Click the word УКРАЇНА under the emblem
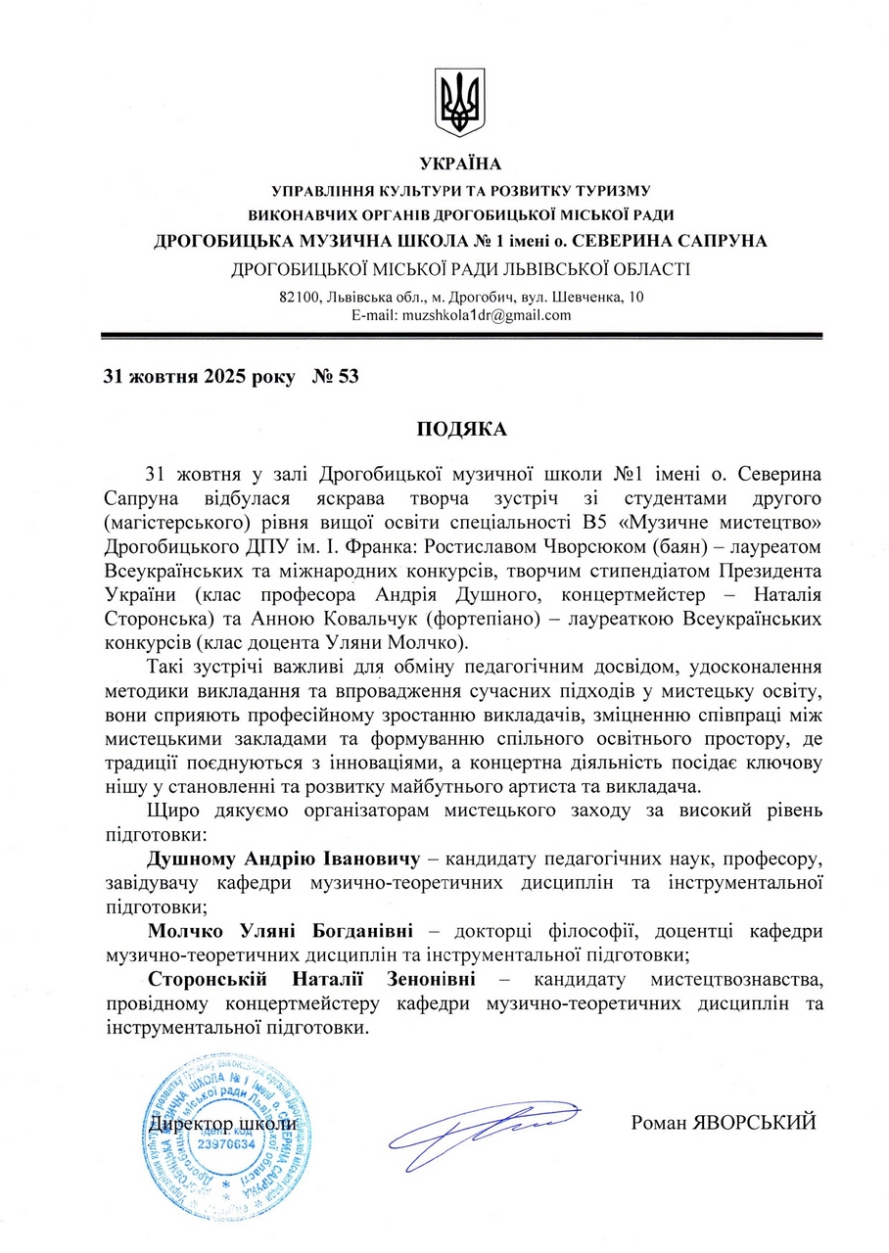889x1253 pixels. click(460, 163)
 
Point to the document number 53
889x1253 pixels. click(348, 376)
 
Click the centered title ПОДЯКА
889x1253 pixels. click(460, 429)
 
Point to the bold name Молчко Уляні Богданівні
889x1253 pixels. click(280, 929)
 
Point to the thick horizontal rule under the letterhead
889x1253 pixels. click(460, 336)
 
